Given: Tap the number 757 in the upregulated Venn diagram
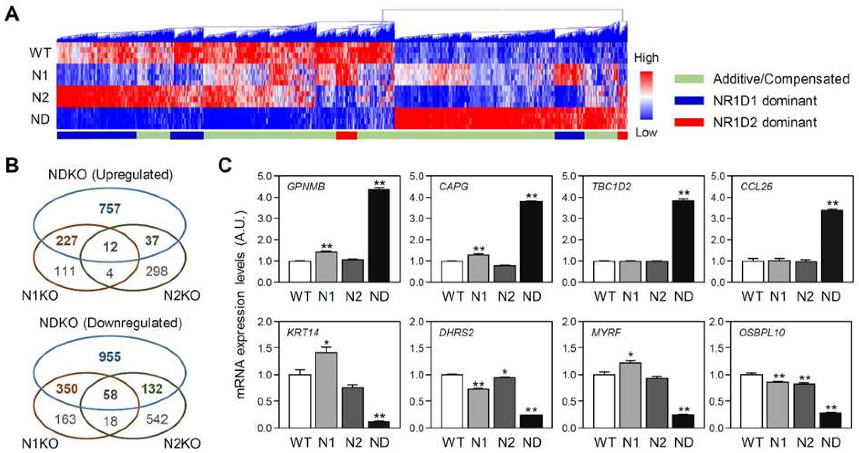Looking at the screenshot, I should (x=110, y=209).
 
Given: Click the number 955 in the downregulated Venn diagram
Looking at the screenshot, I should (x=110, y=357).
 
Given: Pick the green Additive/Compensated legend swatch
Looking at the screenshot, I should (x=689, y=79).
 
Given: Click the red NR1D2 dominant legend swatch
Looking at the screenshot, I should (x=689, y=123).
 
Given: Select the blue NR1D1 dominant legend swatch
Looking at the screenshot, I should (x=689, y=101).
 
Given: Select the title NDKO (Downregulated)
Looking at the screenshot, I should (x=111, y=323).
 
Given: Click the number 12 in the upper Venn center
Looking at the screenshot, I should (x=110, y=247).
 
